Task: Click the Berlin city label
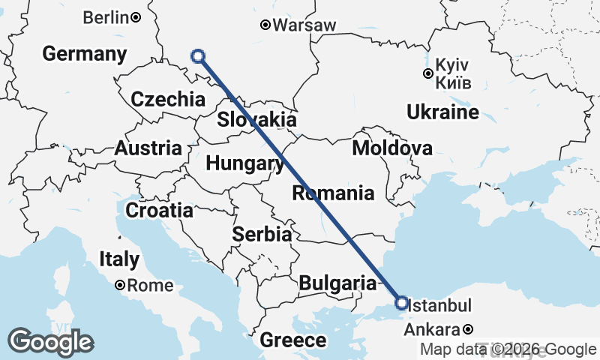pos(106,17)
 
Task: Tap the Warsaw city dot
pos(265,25)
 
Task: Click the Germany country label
pos(84,54)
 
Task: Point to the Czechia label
pos(167,99)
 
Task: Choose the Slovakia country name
pos(256,119)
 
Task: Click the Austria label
pos(148,148)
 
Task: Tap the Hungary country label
pos(239,163)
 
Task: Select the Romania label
pos(333,193)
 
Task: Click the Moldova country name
pos(391,148)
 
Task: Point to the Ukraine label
pos(442,112)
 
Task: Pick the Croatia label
pos(159,211)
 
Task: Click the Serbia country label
pos(262,234)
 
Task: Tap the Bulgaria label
pos(337,283)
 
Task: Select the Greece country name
pos(293,340)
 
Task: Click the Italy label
pos(119,259)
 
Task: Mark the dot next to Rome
pos(120,286)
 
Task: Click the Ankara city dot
pos(468,329)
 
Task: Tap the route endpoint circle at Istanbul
pos(401,303)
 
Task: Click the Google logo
pos(50,342)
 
